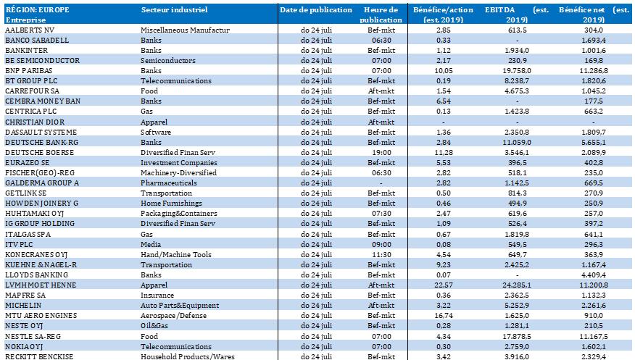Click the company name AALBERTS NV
(30, 30)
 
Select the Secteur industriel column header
(174, 9)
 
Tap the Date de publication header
(316, 9)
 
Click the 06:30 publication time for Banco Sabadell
(381, 40)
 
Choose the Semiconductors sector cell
(168, 60)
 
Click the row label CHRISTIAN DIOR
(35, 122)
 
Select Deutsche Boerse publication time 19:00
(381, 153)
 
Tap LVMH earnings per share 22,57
(444, 285)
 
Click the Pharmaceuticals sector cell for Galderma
(168, 183)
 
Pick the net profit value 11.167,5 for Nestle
(594, 336)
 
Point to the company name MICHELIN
(23, 306)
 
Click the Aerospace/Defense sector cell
(173, 316)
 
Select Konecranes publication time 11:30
(381, 254)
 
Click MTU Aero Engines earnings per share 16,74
(444, 316)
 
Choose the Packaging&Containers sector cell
(178, 213)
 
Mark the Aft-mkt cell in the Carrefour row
(381, 91)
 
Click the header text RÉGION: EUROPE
(37, 9)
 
